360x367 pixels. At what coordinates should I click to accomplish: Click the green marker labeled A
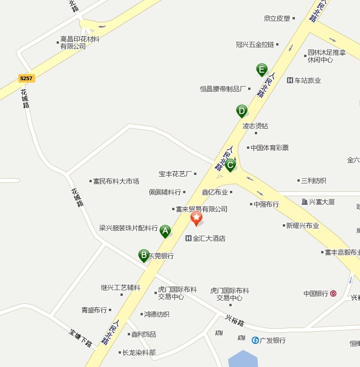165,230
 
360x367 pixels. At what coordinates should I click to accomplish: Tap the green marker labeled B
144,255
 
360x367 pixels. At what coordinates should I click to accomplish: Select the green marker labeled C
230,164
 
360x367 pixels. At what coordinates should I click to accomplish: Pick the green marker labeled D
242,111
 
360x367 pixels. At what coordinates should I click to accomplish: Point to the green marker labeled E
261,69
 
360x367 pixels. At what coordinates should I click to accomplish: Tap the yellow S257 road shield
26,78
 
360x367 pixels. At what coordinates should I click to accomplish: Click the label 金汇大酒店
209,238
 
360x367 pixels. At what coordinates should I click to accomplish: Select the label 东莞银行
161,256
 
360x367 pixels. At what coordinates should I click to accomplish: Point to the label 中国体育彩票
269,148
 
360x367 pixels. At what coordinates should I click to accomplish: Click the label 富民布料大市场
116,181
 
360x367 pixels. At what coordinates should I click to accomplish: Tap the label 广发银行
272,340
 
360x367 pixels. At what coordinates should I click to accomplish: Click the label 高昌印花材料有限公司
79,43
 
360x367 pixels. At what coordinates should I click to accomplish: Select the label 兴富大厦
322,202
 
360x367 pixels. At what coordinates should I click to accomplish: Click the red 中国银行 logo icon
333,293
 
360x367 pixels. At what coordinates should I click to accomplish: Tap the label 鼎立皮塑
277,18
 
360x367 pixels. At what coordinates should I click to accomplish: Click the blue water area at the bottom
243,359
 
